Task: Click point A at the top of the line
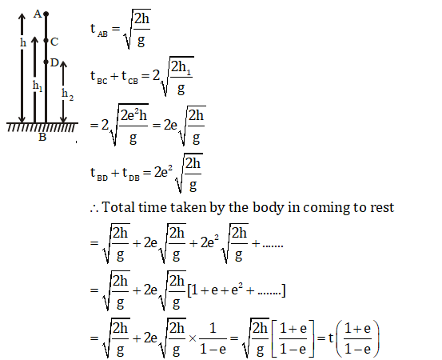(x=46, y=14)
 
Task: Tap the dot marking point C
(x=46, y=41)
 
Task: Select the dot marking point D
(x=46, y=62)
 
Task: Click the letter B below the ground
(x=42, y=137)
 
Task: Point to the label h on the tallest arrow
(x=23, y=43)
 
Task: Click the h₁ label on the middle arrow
(x=38, y=86)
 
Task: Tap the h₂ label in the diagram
(x=67, y=94)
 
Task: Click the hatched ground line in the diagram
(x=42, y=126)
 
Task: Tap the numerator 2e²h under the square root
(x=134, y=115)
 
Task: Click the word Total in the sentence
(x=117, y=207)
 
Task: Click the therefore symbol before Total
(x=94, y=209)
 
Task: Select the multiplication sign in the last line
(x=193, y=338)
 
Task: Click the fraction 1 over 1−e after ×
(x=213, y=338)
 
